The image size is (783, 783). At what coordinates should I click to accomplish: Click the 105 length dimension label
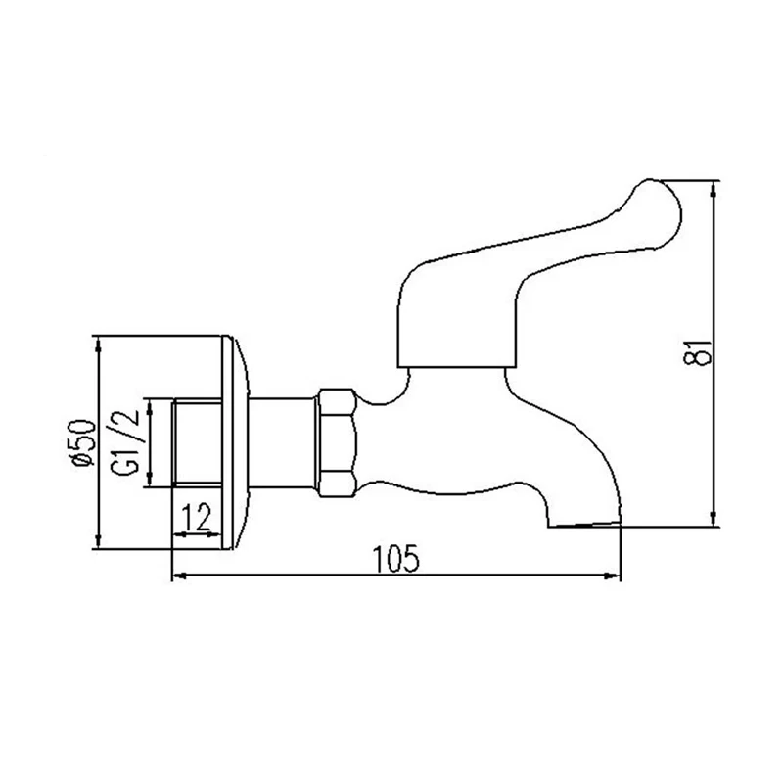point(397,559)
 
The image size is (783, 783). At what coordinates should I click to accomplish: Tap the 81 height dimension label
point(696,353)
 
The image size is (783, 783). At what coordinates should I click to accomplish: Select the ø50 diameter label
point(82,442)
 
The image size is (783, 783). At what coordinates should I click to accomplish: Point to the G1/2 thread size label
point(124,442)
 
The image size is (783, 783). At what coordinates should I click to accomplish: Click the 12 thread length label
point(198,518)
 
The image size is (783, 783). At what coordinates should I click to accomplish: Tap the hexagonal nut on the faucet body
point(339,443)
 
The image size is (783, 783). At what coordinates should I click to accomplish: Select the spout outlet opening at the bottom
point(584,525)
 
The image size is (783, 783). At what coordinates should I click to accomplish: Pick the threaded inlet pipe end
point(198,443)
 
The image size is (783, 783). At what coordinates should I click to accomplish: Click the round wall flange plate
point(234,442)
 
